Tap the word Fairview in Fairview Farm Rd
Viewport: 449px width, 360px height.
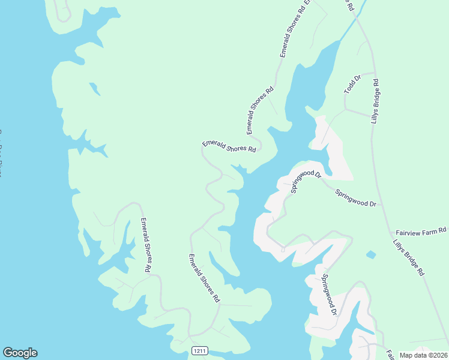(x=409, y=231)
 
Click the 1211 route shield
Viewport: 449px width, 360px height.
(x=200, y=350)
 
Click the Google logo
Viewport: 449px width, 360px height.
(x=20, y=353)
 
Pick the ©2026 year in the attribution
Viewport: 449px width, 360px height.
(x=438, y=355)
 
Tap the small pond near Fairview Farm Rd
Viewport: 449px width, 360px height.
(x=371, y=254)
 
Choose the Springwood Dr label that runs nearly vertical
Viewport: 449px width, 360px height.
(x=330, y=295)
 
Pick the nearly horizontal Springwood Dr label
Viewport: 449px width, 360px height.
(x=355, y=199)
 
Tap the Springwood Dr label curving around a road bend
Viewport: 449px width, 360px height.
(x=306, y=179)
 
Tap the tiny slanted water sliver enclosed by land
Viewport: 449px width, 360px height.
(x=94, y=89)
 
